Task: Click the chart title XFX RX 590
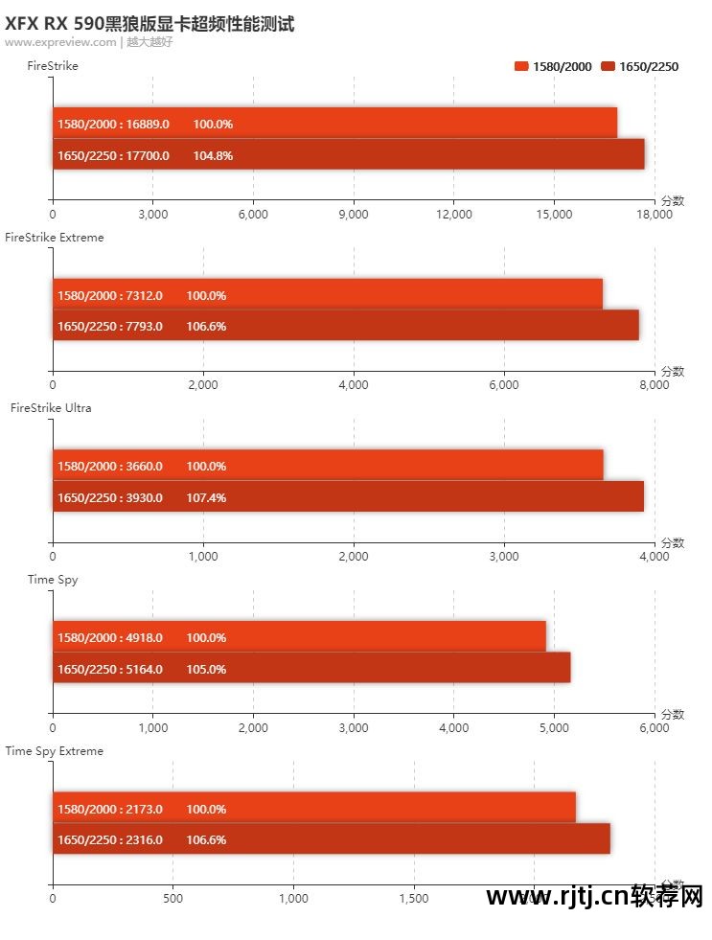(149, 24)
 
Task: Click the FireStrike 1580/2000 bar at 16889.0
(334, 124)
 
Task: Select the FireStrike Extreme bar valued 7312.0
(327, 295)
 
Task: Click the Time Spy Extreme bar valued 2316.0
(331, 839)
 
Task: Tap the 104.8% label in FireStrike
(213, 155)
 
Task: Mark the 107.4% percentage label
(206, 497)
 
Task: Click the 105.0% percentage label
(206, 669)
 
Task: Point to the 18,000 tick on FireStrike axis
(655, 215)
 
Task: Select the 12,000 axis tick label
(454, 215)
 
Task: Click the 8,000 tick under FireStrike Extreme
(655, 385)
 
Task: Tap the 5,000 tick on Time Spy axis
(554, 728)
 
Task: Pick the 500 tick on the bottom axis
(172, 899)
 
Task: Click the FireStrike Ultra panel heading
(51, 408)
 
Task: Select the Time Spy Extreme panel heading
(54, 751)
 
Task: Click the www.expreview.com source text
(59, 42)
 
